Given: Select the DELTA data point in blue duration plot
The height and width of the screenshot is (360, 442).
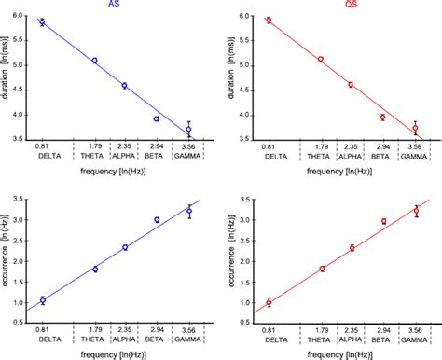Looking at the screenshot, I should pos(42,21).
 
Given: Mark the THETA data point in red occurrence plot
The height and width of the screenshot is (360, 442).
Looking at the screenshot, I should pos(323,269).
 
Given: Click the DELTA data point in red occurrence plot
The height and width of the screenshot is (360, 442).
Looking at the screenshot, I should pos(269,302).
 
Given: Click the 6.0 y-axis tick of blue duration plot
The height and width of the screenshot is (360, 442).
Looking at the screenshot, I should pos(19,16).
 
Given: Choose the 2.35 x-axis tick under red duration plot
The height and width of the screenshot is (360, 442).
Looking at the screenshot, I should pos(352,147).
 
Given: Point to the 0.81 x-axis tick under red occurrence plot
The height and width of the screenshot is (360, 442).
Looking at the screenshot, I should pos(269,330).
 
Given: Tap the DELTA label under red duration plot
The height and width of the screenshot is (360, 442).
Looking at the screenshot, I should pos(269,157).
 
